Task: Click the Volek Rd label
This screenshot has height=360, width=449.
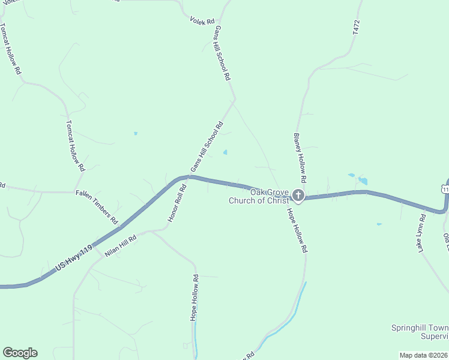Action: coord(202,22)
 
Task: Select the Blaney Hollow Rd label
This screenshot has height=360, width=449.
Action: coord(300,158)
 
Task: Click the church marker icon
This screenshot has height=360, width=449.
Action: coord(298,196)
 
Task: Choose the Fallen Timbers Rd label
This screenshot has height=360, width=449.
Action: coord(97,207)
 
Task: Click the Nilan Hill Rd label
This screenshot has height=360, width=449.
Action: coord(121,246)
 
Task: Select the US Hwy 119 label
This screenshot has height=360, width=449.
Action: coord(74,257)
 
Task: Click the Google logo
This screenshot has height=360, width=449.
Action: coord(20,353)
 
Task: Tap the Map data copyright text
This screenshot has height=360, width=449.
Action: coord(424,355)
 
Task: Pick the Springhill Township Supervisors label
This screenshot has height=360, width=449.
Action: coord(420,332)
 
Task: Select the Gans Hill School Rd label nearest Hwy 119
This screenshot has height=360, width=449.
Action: coord(206,147)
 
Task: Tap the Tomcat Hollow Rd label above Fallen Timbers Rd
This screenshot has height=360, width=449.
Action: coord(76,146)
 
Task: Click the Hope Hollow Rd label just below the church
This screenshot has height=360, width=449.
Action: coord(297,230)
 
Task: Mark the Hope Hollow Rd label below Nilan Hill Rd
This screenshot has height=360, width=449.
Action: coord(194,298)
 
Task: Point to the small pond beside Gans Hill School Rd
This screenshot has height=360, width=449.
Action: coord(225,152)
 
